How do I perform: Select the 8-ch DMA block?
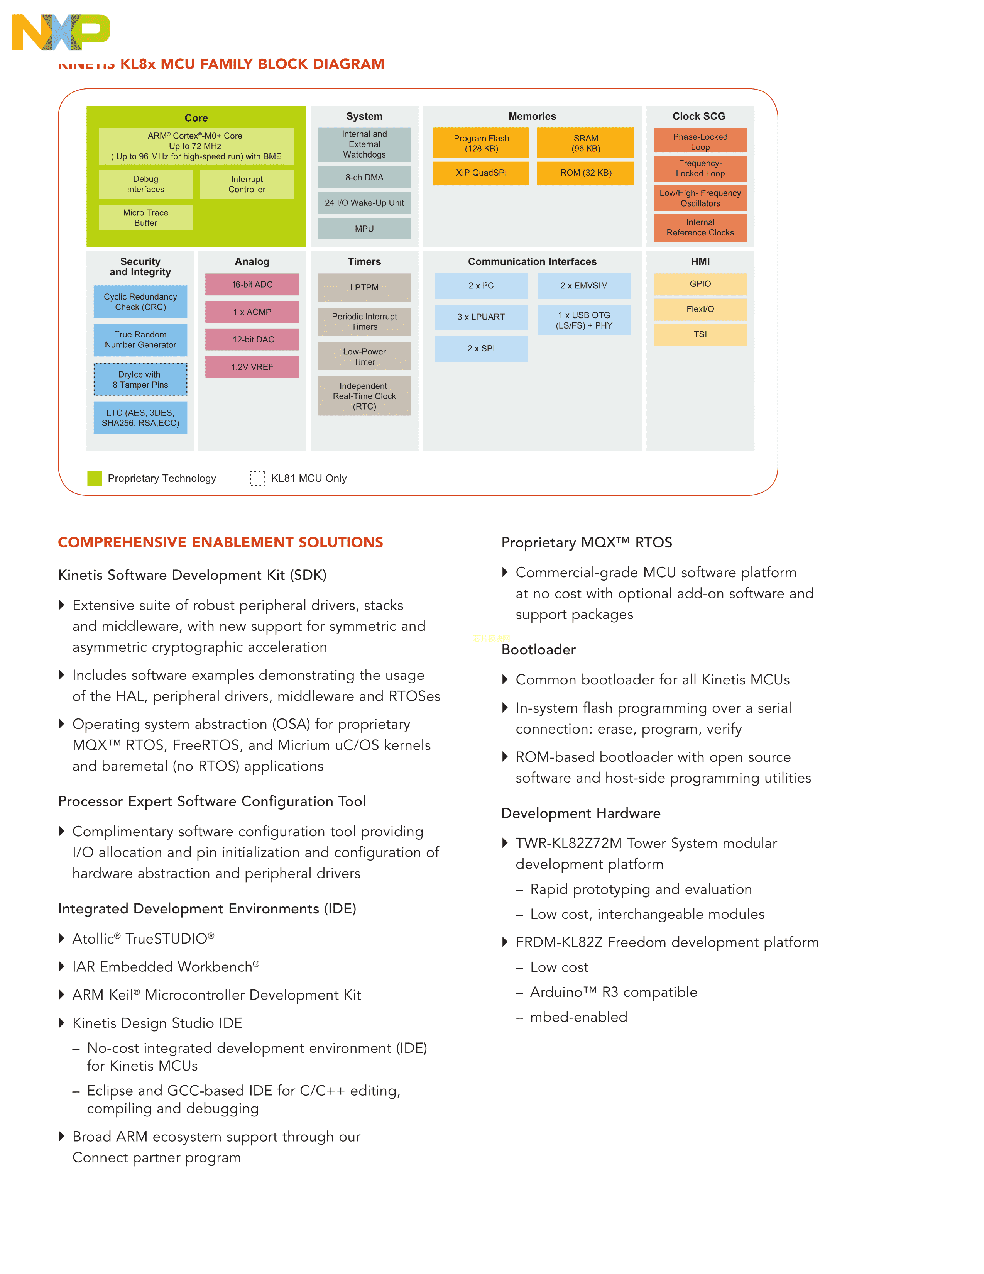pyautogui.click(x=364, y=177)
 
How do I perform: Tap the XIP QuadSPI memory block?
pyautogui.click(x=481, y=173)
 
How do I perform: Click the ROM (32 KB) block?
pyautogui.click(x=585, y=173)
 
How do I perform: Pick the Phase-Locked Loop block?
pyautogui.click(x=700, y=141)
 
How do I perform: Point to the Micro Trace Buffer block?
pyautogui.click(x=146, y=218)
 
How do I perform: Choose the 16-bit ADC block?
pyautogui.click(x=252, y=285)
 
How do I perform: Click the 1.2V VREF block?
pyautogui.click(x=252, y=367)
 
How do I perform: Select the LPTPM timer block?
pyautogui.click(x=364, y=287)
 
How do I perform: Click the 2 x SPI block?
pyautogui.click(x=481, y=348)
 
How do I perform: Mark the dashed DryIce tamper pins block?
pyautogui.click(x=140, y=380)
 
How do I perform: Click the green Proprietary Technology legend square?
pyautogui.click(x=95, y=478)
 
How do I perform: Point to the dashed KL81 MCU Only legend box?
pyautogui.click(x=257, y=478)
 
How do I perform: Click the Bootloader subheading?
pyautogui.click(x=539, y=650)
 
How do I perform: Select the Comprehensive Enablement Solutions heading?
pyautogui.click(x=220, y=542)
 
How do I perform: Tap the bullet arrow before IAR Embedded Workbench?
pyautogui.click(x=62, y=967)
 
